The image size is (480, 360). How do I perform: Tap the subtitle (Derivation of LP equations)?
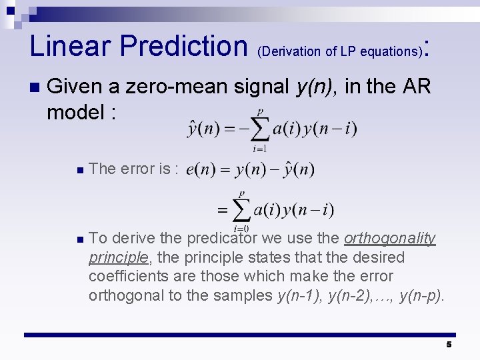pyautogui.click(x=339, y=51)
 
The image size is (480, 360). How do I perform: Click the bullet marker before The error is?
pyautogui.click(x=80, y=170)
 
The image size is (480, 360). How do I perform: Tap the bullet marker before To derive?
pyautogui.click(x=80, y=239)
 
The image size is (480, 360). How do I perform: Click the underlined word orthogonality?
pyautogui.click(x=389, y=238)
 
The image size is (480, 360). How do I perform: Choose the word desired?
pyautogui.click(x=381, y=257)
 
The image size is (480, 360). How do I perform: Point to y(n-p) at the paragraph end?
pyautogui.click(x=421, y=295)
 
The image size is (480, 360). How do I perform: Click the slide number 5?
pyautogui.click(x=449, y=345)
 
